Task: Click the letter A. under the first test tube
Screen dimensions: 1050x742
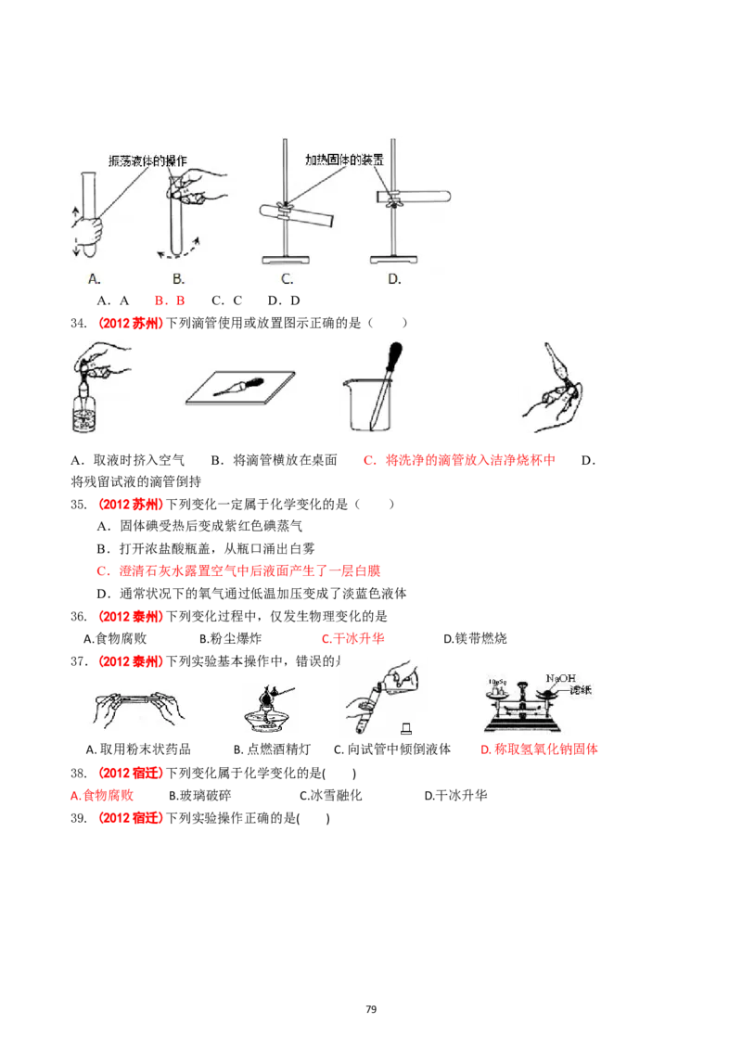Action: pos(94,278)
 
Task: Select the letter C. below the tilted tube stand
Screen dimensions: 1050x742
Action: pos(288,278)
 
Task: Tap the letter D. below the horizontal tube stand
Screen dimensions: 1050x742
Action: pos(393,278)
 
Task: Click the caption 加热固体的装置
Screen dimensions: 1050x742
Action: pos(344,160)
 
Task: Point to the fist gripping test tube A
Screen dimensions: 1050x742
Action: pos(90,233)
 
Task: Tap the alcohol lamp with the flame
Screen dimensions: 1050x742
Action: pos(270,715)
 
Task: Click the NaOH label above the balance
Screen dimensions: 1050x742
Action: pos(562,678)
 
